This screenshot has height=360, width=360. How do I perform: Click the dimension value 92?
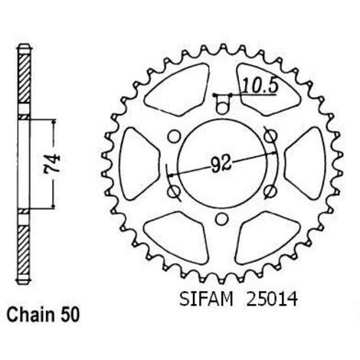pos(221,164)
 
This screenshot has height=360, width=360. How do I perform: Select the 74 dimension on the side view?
pos(51,164)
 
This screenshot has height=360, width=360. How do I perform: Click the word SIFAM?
pos(206,299)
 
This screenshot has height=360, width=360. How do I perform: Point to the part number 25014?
pos(272,299)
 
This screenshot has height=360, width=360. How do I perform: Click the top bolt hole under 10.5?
pos(222,108)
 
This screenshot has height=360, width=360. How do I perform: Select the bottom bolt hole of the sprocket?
pos(221,219)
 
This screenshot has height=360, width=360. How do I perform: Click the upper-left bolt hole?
pos(174,136)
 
